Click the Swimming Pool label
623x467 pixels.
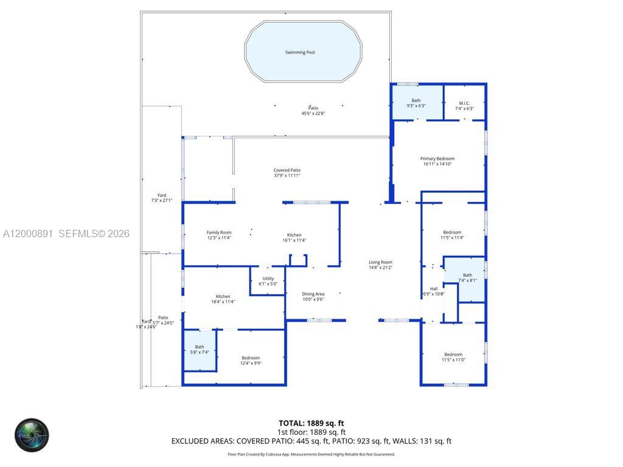(300, 52)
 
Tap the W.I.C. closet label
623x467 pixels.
(464, 103)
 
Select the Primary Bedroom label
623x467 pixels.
(437, 159)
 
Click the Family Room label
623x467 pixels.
(219, 232)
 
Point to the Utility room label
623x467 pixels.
(268, 278)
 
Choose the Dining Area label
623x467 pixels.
(313, 294)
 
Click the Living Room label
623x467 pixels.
(380, 262)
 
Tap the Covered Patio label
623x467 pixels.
(287, 170)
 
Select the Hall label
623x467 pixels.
(434, 289)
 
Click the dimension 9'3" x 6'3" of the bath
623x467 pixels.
(416, 106)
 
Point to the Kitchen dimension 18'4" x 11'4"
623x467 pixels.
(223, 302)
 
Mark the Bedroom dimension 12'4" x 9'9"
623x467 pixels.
(251, 363)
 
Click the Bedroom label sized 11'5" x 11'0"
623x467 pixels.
(453, 355)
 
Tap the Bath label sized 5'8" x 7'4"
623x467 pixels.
(200, 347)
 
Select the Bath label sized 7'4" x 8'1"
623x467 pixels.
(467, 275)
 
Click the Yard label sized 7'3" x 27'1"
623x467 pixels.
(162, 195)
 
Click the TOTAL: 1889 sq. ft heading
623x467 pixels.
(311, 423)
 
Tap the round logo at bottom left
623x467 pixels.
(32, 435)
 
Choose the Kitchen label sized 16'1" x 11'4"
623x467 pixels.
(294, 235)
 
